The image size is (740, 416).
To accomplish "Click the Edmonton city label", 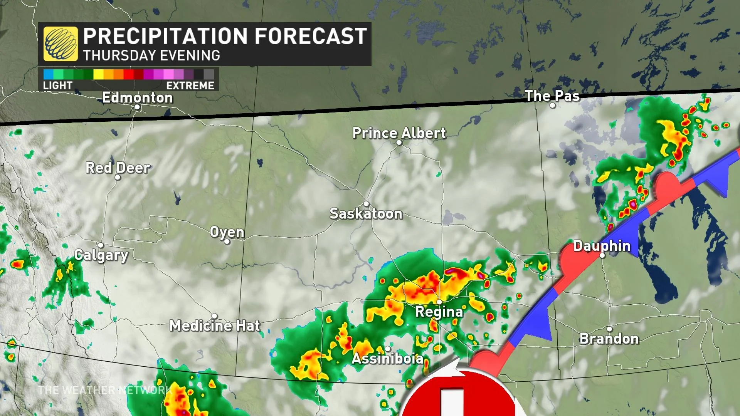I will [x=137, y=98].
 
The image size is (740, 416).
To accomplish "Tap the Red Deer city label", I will [x=118, y=168].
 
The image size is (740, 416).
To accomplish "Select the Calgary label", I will [x=101, y=255].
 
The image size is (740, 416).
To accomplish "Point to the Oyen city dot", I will [x=227, y=242].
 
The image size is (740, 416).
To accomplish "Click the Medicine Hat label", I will [x=215, y=326].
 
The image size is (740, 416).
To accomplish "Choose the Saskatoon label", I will [x=366, y=213].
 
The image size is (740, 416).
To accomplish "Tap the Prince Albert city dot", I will [x=399, y=143].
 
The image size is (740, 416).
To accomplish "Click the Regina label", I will [x=439, y=312].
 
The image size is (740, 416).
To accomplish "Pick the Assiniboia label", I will [x=387, y=359].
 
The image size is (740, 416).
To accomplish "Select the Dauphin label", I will [x=602, y=246].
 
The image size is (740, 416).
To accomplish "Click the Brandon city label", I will [x=609, y=339].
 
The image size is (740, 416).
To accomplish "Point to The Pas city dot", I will [x=552, y=106].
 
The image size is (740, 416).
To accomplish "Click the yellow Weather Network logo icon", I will [x=61, y=44].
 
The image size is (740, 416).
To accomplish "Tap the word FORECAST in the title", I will [x=311, y=36].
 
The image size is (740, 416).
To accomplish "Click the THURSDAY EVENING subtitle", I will [x=151, y=55].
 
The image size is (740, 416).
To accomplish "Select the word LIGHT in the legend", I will [x=57, y=86].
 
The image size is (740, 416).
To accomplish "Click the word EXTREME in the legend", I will [x=190, y=86].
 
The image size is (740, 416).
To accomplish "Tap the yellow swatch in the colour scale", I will [x=98, y=74].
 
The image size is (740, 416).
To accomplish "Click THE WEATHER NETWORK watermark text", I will [x=104, y=390].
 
